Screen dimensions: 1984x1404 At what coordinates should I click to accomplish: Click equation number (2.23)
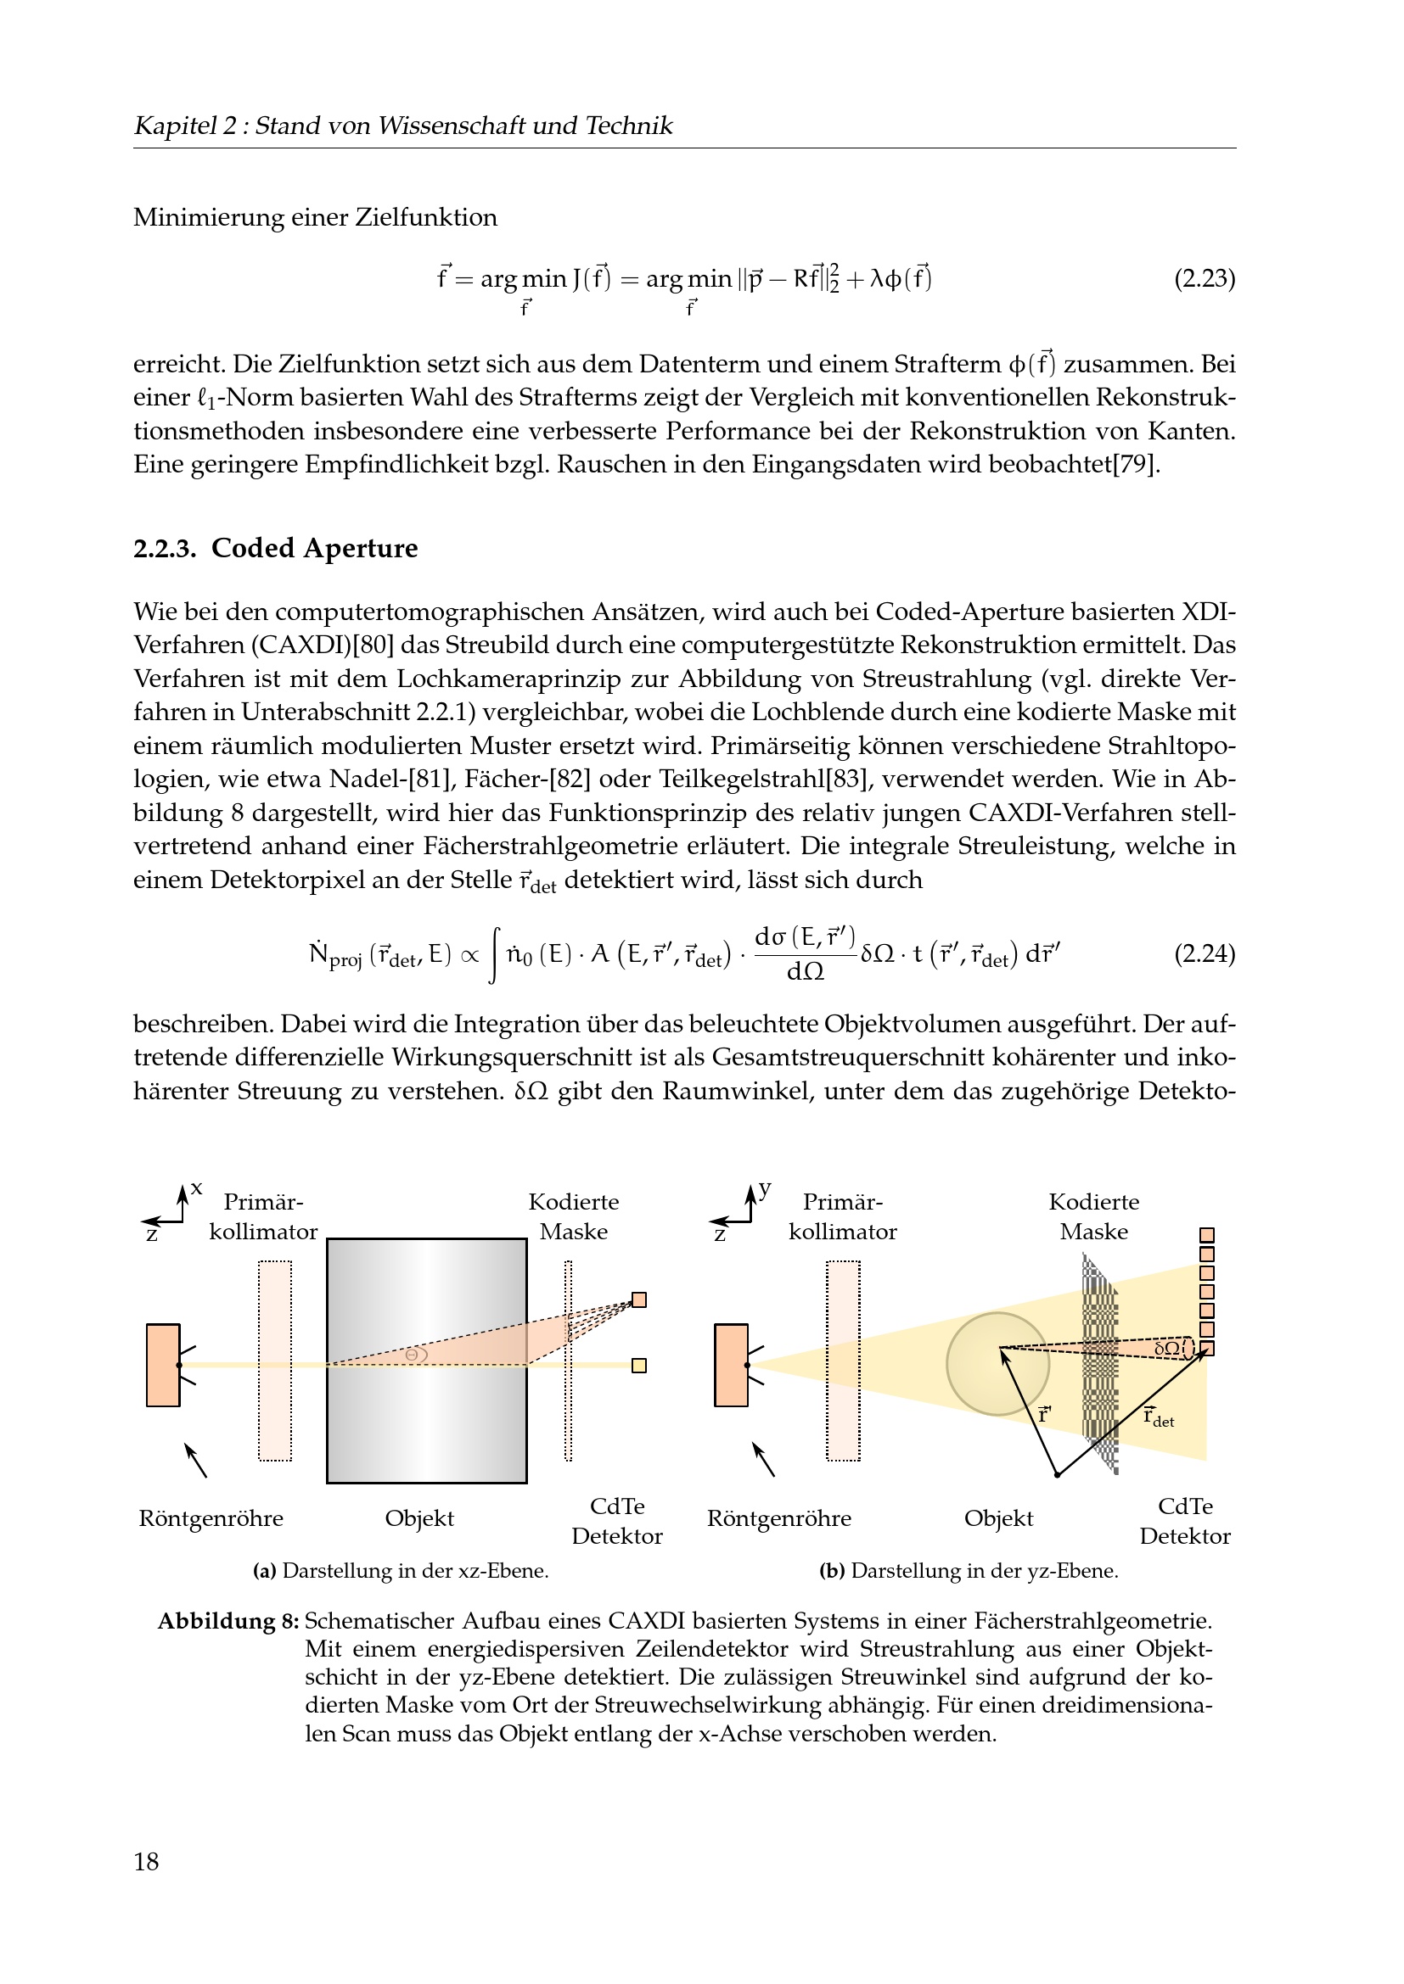[x=1204, y=279]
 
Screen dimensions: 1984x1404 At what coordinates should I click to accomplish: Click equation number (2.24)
[x=1204, y=954]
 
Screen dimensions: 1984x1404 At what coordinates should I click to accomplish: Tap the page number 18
[x=146, y=1861]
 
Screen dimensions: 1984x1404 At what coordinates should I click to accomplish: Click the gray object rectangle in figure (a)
[x=426, y=1361]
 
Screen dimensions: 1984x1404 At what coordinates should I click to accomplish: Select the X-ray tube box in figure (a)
[x=162, y=1366]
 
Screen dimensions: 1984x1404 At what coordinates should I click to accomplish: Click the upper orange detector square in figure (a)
[x=639, y=1299]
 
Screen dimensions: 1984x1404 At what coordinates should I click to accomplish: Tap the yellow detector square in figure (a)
[x=639, y=1366]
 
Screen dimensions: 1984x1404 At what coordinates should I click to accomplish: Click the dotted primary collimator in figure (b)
[x=843, y=1361]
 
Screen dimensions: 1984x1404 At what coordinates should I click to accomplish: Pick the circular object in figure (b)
[x=997, y=1364]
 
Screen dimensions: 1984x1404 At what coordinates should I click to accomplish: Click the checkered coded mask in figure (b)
[x=1099, y=1366]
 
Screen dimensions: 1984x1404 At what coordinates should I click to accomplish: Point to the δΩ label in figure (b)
[x=1167, y=1348]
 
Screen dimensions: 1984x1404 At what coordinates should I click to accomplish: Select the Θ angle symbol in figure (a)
[x=413, y=1354]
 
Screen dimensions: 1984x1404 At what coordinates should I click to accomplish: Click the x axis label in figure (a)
[x=197, y=1188]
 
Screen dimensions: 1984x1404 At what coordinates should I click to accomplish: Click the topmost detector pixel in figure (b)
[x=1207, y=1236]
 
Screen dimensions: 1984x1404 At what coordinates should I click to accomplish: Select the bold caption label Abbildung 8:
[x=228, y=1621]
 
